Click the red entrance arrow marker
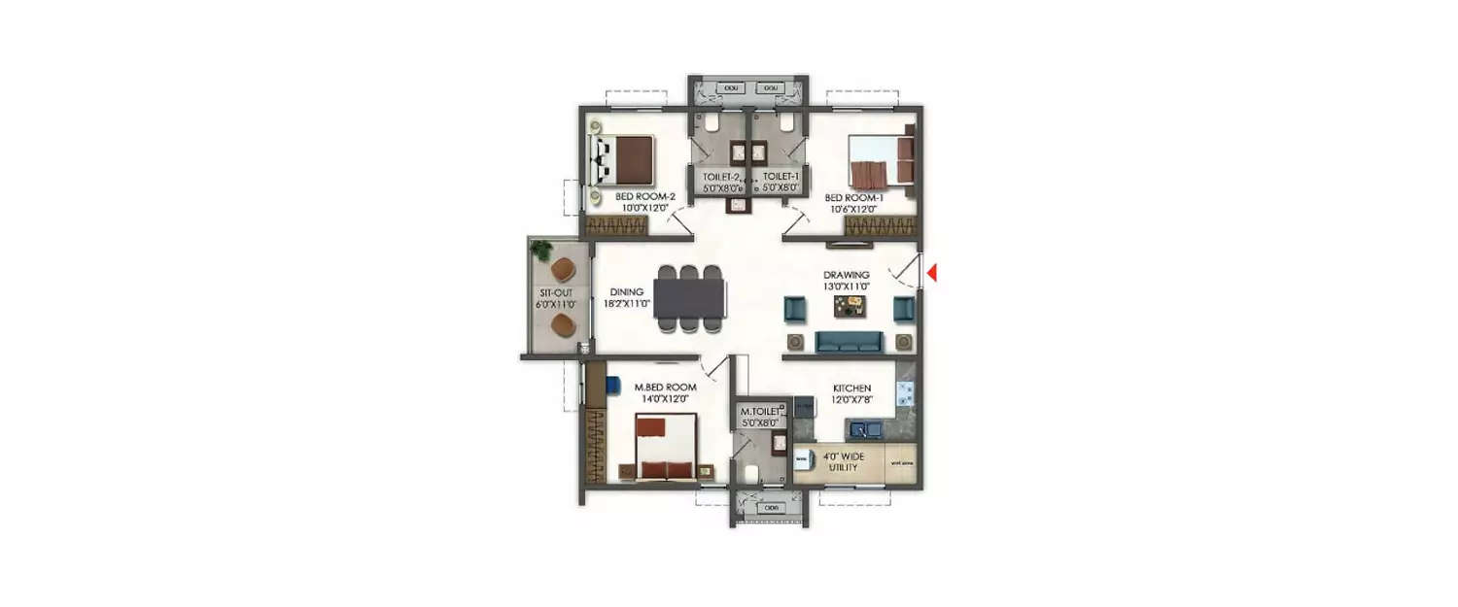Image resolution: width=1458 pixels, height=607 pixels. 931,274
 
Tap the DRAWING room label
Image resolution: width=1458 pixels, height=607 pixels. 847,275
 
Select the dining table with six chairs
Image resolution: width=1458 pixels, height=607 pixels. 689,299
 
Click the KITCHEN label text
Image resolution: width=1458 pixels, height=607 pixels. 851,388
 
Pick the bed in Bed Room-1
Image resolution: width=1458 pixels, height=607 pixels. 881,159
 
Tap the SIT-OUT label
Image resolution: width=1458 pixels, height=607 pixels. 556,291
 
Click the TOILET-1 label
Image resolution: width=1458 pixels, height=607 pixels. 781,176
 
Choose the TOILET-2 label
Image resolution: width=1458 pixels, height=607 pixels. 721,176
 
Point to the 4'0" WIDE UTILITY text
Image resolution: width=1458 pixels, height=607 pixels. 842,461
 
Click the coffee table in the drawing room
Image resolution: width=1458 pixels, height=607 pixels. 849,307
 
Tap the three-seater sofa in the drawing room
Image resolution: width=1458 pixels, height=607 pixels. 849,341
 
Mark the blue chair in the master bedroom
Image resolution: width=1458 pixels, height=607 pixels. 613,385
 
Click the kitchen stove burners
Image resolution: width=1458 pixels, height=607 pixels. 905,392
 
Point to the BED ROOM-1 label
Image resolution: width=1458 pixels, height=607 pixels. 852,196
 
